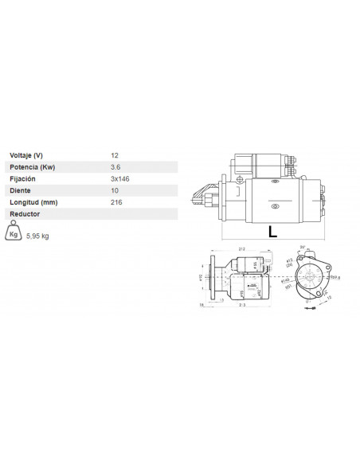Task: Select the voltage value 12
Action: point(115,154)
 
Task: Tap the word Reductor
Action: point(25,214)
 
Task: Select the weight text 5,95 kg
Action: point(38,236)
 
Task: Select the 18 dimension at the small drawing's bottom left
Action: point(202,305)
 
